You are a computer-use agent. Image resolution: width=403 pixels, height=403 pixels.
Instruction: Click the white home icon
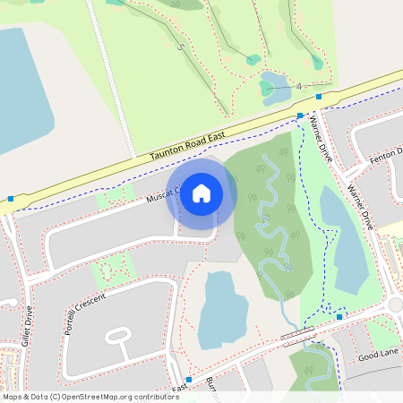pos(201,192)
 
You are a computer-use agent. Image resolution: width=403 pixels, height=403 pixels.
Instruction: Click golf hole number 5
pos(181,47)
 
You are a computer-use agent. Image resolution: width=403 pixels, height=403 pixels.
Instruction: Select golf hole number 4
pos(298,86)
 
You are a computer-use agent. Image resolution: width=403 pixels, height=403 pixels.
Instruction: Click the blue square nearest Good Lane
pos(339,317)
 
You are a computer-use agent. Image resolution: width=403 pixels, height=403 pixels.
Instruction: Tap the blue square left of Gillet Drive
pos(11,199)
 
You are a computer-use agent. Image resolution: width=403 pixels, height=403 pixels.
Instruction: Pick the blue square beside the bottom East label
pos(189,380)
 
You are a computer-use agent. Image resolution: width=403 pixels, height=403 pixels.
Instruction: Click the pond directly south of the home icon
pos(219,309)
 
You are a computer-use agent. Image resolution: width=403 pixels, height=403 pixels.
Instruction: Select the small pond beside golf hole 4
pos(268,89)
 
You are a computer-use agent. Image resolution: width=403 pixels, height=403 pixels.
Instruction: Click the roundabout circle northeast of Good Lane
pos(396,306)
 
